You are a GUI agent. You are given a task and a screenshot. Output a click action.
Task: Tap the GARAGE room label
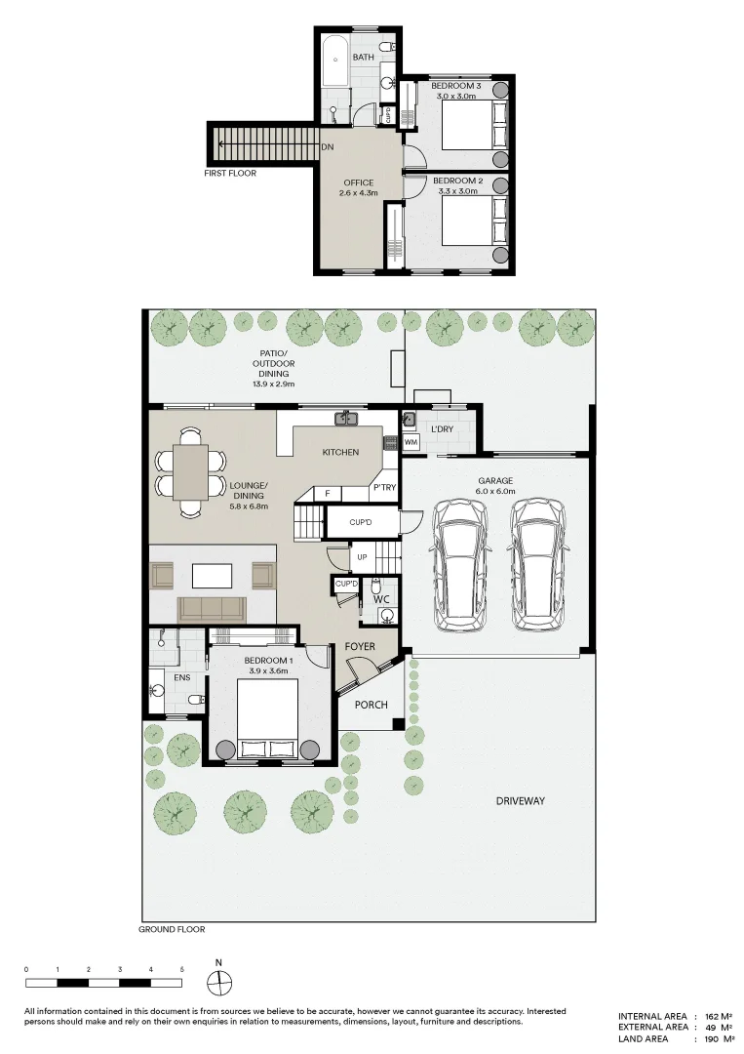pyautogui.click(x=495, y=480)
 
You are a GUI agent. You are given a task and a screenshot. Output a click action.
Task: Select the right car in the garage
pyautogui.click(x=536, y=564)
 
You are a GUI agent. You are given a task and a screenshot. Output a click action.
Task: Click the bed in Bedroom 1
pyautogui.click(x=268, y=717)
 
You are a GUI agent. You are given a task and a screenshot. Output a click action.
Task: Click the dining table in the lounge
pyautogui.click(x=190, y=471)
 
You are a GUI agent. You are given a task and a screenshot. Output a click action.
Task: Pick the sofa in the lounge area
pyautogui.click(x=212, y=609)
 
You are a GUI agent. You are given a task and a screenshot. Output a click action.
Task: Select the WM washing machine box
pyautogui.click(x=411, y=442)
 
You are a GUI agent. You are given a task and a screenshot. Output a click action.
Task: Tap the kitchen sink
pyautogui.click(x=347, y=420)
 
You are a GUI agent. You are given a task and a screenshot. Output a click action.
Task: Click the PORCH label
pyautogui.click(x=371, y=704)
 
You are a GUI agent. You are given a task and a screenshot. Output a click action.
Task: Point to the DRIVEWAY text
pyautogui.click(x=520, y=800)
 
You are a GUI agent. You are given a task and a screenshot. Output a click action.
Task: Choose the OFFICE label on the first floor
pyautogui.click(x=358, y=182)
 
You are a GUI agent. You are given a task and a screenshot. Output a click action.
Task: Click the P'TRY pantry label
pyautogui.click(x=383, y=487)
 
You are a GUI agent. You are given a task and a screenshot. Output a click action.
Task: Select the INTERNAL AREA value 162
pyautogui.click(x=713, y=1016)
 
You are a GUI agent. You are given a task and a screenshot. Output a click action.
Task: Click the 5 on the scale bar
pyautogui.click(x=181, y=968)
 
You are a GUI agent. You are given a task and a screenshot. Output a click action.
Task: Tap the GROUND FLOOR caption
pyautogui.click(x=172, y=929)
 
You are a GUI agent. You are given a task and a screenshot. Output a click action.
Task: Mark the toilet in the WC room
pyautogui.click(x=386, y=614)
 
